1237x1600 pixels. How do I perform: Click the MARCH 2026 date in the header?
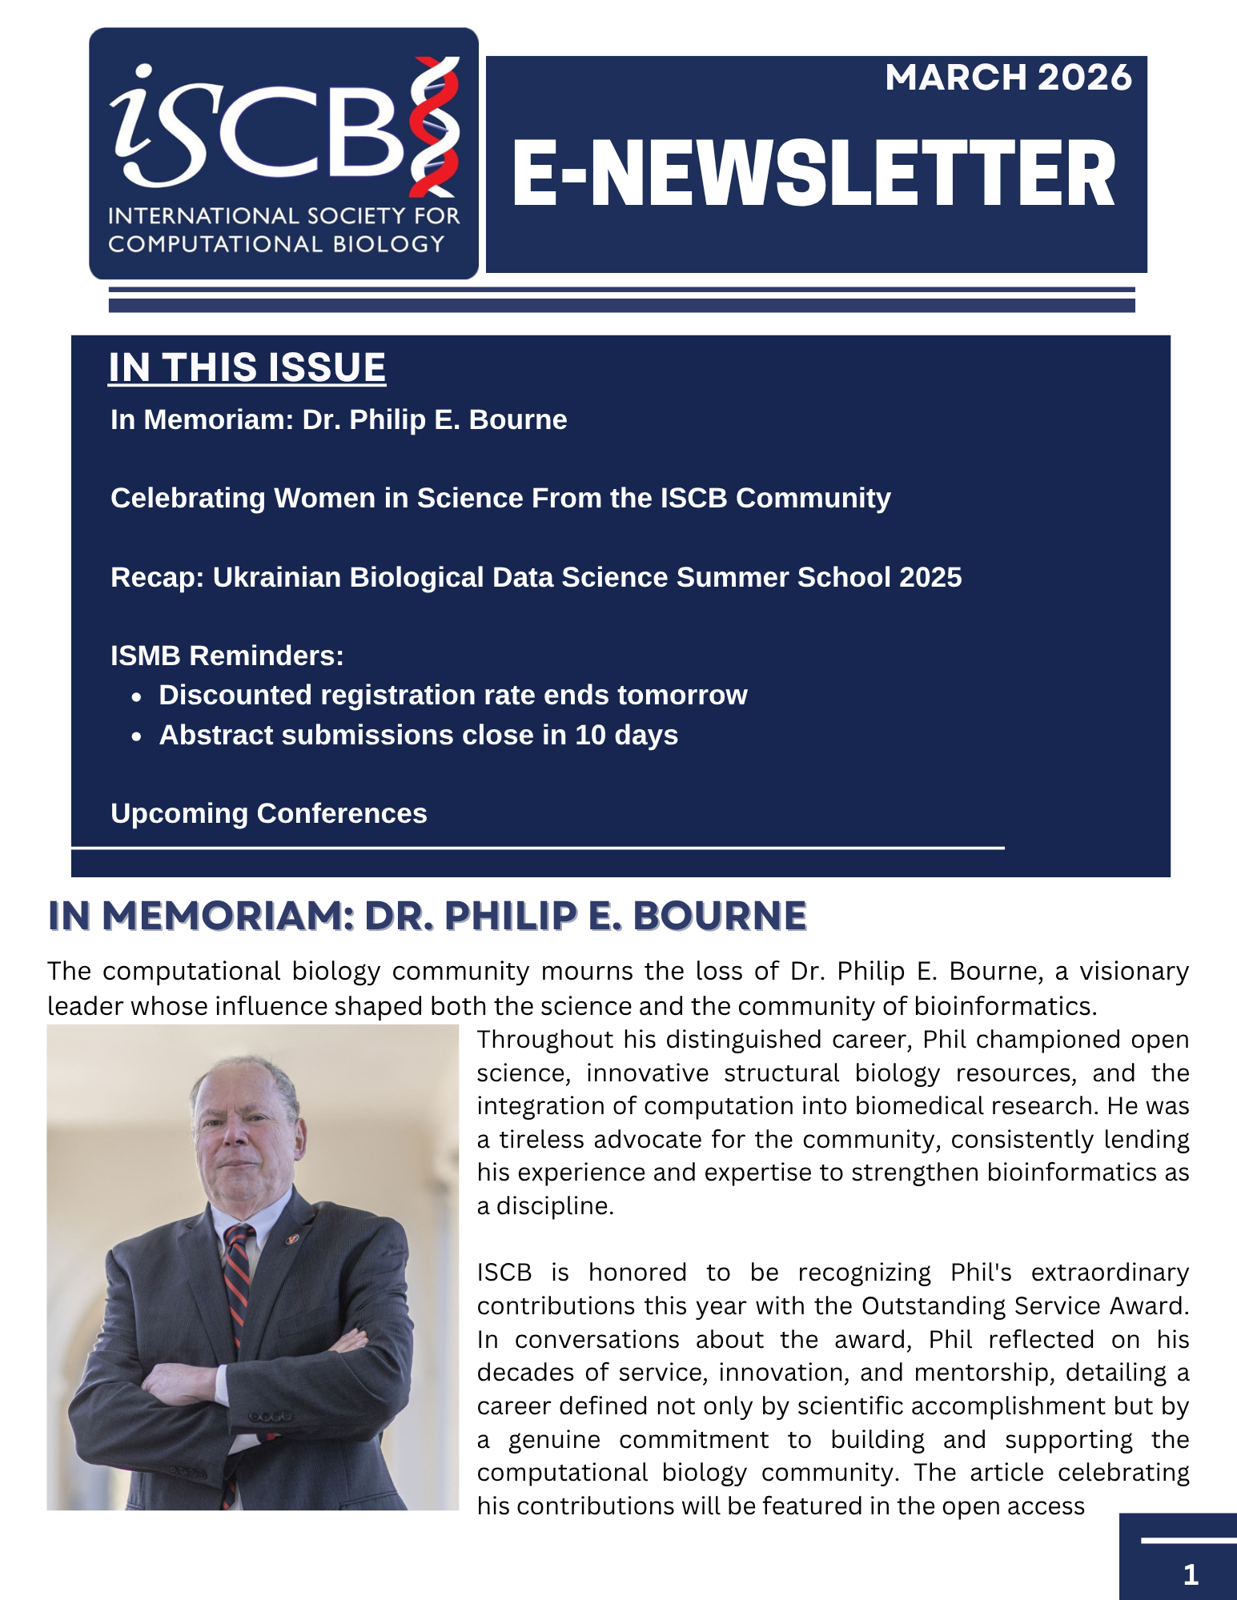coord(1007,78)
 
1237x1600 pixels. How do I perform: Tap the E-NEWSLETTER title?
coord(813,174)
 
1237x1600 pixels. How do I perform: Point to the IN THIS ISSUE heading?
coord(247,368)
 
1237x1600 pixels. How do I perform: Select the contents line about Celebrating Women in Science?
coord(500,499)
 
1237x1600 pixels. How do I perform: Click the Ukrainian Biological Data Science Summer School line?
coord(535,578)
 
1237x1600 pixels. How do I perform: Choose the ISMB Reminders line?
coord(227,656)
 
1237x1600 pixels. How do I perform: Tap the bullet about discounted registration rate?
coord(452,696)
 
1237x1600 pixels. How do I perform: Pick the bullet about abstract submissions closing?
coord(418,736)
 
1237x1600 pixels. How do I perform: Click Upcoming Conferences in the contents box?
coord(268,814)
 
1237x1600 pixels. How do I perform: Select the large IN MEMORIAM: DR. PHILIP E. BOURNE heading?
coord(427,916)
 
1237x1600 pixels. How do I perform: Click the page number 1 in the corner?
coord(1190,1574)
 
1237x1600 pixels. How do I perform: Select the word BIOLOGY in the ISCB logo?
coord(388,244)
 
